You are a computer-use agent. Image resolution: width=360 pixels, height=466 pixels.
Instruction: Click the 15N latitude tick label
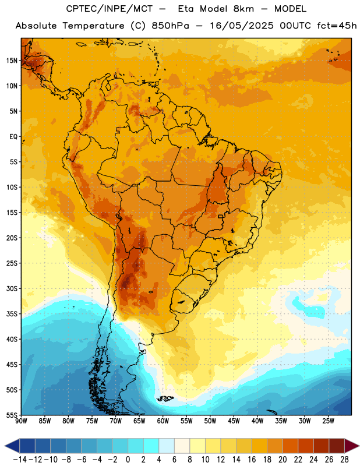coord(12,61)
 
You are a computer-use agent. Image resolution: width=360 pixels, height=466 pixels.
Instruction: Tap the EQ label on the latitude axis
coord(13,137)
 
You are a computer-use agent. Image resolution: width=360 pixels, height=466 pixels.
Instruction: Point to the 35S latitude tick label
coord(12,314)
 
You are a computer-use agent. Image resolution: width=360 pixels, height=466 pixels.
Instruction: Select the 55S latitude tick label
coord(12,415)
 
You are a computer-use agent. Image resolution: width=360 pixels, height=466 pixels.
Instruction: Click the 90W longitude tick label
coord(21,421)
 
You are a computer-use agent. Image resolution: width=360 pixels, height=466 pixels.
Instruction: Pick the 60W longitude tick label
coord(163,421)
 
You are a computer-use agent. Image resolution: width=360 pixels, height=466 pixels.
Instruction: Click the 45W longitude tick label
coord(234,421)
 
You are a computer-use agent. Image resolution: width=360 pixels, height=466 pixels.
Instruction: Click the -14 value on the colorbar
coord(20,460)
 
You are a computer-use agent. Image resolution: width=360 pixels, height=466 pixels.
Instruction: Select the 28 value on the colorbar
coord(344,460)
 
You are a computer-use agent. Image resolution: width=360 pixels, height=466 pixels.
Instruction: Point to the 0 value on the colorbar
coord(128,460)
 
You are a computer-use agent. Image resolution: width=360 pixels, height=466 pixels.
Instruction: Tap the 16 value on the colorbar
coord(252,460)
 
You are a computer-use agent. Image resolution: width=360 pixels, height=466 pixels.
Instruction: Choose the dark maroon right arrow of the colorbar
coord(352,446)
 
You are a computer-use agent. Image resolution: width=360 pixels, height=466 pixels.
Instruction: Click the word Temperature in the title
coord(93,26)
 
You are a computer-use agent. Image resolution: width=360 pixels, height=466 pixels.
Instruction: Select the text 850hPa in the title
coord(170,26)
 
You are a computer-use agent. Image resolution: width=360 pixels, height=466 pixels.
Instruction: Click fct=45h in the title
coord(337,26)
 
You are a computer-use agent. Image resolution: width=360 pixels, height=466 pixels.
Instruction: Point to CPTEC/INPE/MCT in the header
coord(110,9)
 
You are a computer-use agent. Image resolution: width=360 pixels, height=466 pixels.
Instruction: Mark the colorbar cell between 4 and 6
coord(167,446)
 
